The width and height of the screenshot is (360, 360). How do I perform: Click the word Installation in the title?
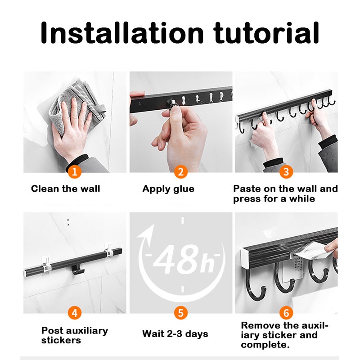[x=122, y=32]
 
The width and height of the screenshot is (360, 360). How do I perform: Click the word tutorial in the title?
[x=266, y=32]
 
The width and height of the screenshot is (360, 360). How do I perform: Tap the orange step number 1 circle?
[x=74, y=172]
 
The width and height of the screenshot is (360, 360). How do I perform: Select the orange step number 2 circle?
[x=181, y=172]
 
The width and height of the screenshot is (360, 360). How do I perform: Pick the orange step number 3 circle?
[x=286, y=172]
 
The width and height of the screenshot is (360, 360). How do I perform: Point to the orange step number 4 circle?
[x=75, y=313]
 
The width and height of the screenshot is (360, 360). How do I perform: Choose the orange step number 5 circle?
[x=181, y=313]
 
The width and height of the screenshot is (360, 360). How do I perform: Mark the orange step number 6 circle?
[x=286, y=313]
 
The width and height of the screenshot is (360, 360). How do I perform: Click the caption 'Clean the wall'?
[x=66, y=189]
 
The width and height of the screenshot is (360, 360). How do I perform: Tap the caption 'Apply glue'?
[x=168, y=189]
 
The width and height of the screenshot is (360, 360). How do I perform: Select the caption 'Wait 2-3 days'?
[x=175, y=333]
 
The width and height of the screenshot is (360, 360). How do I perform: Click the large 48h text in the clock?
[x=184, y=260]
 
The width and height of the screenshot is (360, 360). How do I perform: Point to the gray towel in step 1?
[x=78, y=106]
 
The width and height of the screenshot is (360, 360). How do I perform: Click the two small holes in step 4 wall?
[x=68, y=222]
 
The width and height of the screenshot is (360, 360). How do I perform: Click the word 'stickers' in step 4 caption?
[x=61, y=340]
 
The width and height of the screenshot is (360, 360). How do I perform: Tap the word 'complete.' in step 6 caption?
[x=265, y=345]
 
